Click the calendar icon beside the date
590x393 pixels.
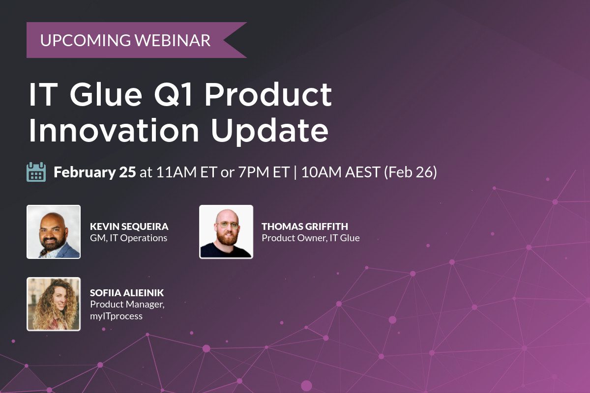[x=36, y=172]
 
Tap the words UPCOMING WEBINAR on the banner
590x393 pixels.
[x=125, y=40]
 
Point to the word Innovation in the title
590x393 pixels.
[x=114, y=131]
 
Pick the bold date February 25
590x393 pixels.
[x=94, y=172]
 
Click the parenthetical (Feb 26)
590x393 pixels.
[x=410, y=172]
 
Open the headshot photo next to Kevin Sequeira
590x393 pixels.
[x=54, y=232]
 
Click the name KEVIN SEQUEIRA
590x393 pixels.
[x=129, y=226]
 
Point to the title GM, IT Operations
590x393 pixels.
[x=128, y=238]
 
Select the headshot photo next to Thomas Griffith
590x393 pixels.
[x=226, y=232]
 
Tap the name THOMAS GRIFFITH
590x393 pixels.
[x=305, y=226]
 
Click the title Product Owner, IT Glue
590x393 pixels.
[x=310, y=238]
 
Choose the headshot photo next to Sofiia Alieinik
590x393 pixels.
[x=54, y=304]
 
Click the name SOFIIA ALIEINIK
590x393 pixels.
[x=127, y=293]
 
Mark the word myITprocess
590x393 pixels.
[x=116, y=316]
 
